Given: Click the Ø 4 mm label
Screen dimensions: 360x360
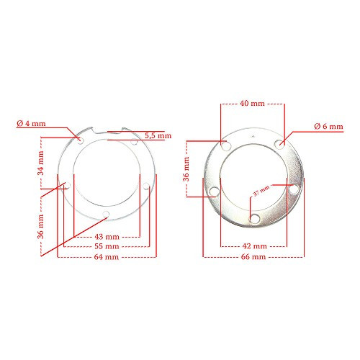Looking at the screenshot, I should coord(31,124).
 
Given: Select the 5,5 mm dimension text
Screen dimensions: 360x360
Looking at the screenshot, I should coord(158,135).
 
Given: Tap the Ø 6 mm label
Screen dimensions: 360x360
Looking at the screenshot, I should coord(329,127).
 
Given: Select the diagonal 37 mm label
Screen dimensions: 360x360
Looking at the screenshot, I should coord(261,192).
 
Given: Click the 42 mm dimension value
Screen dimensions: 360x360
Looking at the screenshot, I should coord(253,246).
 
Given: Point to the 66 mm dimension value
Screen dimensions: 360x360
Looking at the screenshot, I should coord(253,256).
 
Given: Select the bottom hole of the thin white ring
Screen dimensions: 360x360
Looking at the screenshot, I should coord(107,214).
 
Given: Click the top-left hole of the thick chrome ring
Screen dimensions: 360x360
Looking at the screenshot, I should coord(226,146).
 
